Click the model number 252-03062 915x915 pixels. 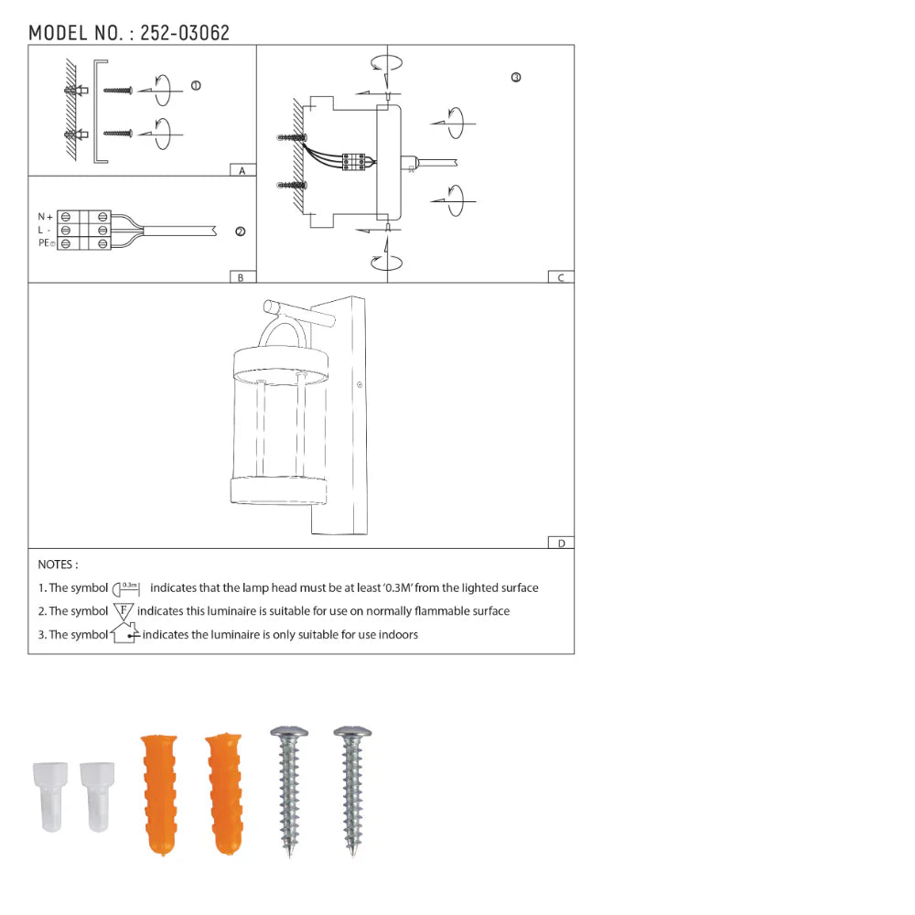tap(185, 33)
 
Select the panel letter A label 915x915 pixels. tap(242, 171)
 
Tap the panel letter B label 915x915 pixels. tap(241, 277)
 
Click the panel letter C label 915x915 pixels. tap(561, 277)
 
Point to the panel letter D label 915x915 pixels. tap(561, 543)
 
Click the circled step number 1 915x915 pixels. tap(196, 85)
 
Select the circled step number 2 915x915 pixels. tap(240, 231)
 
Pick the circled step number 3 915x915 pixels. tap(516, 78)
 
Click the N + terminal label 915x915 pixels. tap(45, 216)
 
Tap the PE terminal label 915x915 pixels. tap(45, 243)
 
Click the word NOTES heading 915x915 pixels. tap(58, 565)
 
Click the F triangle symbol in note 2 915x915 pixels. tap(124, 610)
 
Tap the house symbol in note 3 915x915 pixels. tap(124, 633)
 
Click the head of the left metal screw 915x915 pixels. tap(290, 733)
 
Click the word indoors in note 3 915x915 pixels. tap(396, 634)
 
